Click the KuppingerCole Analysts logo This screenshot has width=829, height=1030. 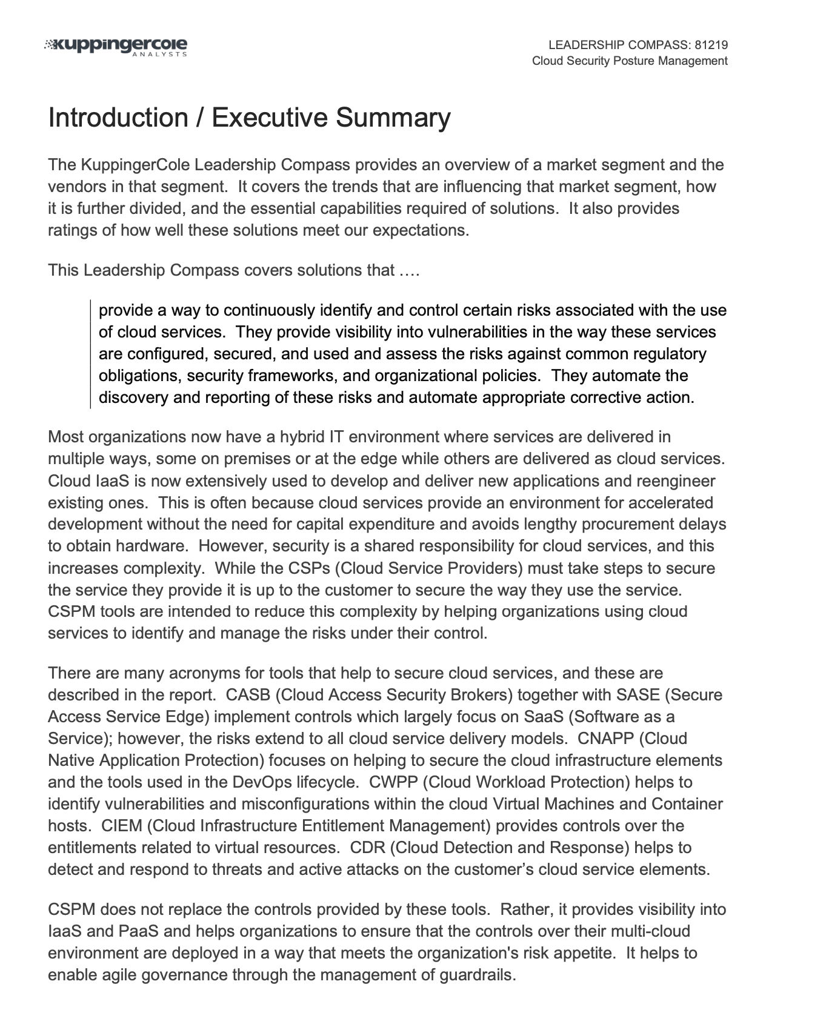click(116, 47)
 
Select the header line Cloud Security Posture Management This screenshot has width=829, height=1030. click(630, 61)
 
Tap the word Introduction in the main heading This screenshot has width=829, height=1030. click(118, 118)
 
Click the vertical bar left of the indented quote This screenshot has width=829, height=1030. click(90, 354)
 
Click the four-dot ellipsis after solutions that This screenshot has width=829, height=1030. click(410, 270)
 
